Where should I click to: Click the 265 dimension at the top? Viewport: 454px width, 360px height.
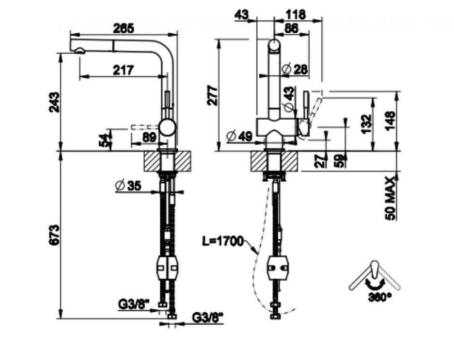pos(124,28)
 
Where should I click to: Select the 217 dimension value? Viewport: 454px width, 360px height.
pos(123,70)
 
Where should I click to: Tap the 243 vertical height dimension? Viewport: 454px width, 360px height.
pos(54,102)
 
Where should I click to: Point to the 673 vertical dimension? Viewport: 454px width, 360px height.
pos(54,235)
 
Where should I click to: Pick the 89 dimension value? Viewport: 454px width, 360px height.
pos(149,138)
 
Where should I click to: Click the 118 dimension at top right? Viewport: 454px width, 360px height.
pos(295,14)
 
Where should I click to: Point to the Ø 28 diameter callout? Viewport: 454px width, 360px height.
pos(295,69)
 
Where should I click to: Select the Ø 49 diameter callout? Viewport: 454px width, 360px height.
pos(240,136)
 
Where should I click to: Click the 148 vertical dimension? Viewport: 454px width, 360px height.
pos(390,121)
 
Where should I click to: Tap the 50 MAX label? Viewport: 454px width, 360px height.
pos(390,198)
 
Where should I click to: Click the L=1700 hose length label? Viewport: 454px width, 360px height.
pos(223,241)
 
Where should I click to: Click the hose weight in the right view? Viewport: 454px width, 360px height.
pos(278,268)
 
